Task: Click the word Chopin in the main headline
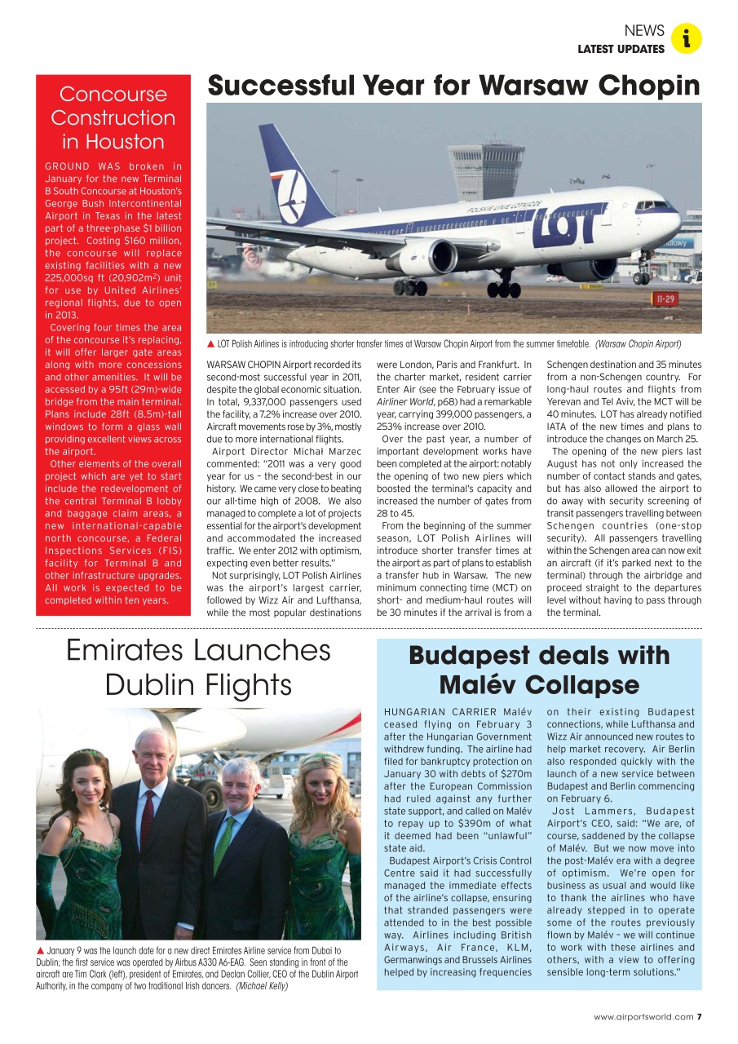click(648, 86)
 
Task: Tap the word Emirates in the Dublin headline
click(130, 651)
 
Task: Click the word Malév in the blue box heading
click(479, 683)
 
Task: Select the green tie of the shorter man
click(222, 844)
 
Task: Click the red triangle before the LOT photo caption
click(211, 344)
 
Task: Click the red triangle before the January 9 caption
click(41, 951)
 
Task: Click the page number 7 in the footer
click(699, 1016)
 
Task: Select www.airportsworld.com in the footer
click(643, 1016)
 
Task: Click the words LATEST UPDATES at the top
click(621, 50)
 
